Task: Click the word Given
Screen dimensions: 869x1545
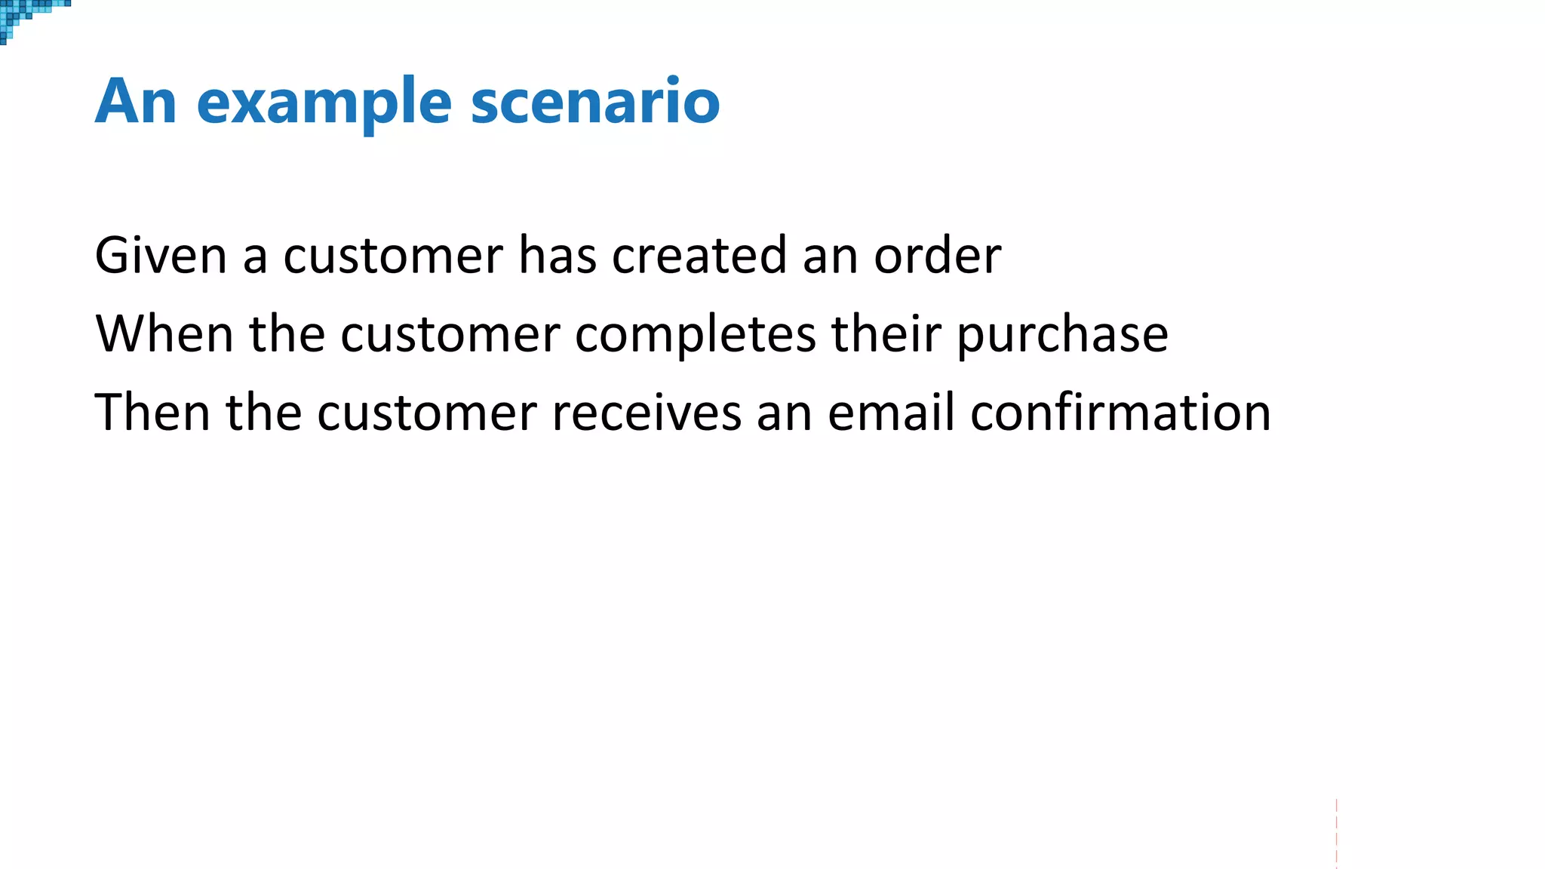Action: tap(161, 256)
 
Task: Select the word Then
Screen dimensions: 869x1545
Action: tap(152, 413)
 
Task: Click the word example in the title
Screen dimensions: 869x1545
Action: tap(324, 103)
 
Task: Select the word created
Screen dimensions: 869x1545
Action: tap(699, 256)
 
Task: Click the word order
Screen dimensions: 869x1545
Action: tap(937, 256)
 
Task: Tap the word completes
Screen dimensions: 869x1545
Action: tap(695, 334)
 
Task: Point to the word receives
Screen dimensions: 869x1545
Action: tap(647, 413)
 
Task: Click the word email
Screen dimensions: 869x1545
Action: tap(891, 413)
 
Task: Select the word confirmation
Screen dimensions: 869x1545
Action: tap(1120, 413)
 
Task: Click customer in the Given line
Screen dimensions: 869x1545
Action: tap(393, 256)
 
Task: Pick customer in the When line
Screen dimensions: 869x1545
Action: tap(450, 334)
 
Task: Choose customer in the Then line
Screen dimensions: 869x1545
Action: tap(427, 413)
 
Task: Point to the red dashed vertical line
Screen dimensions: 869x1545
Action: tap(1336, 834)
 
